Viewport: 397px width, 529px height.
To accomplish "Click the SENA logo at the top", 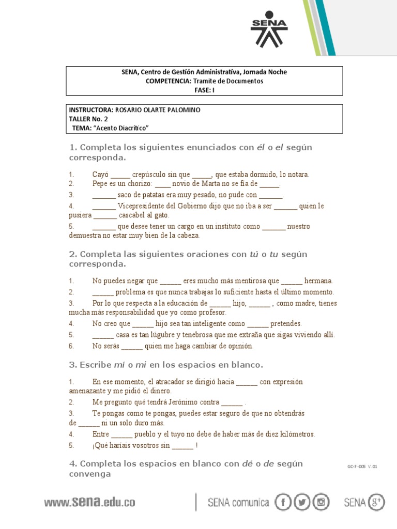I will point(268,29).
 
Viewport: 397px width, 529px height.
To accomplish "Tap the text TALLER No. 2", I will point(88,118).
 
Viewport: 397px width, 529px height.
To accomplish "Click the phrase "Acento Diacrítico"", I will point(123,128).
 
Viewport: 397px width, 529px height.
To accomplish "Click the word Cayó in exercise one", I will point(100,175).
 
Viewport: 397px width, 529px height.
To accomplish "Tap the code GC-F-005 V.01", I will point(363,466).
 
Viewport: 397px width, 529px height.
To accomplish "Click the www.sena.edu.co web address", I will point(89,502).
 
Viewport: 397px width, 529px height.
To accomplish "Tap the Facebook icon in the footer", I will point(284,502).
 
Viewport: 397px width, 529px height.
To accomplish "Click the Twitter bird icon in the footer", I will point(302,502).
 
